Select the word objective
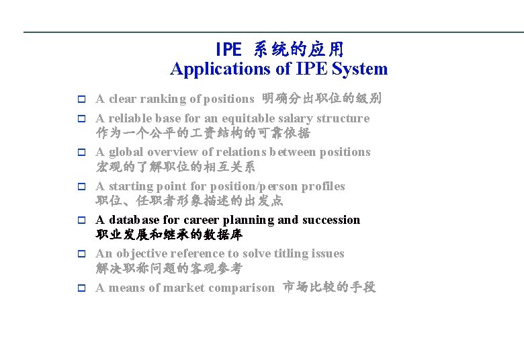(x=141, y=253)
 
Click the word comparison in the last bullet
(x=241, y=288)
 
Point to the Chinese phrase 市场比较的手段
(x=329, y=288)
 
